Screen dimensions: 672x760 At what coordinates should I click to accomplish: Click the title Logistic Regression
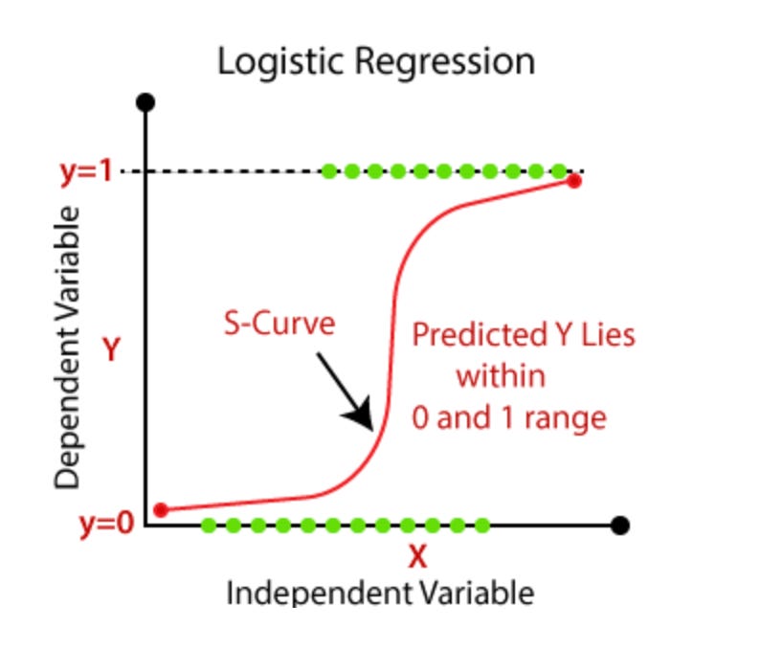coord(375,62)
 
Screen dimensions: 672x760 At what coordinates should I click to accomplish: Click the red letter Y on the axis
coord(111,350)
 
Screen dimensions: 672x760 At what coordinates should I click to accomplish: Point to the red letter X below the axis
coord(416,556)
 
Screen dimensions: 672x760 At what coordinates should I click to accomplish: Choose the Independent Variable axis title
coord(380,593)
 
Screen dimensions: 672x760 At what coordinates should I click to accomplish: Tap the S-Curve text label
coord(279,324)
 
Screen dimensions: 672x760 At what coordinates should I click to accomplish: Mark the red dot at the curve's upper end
coord(573,181)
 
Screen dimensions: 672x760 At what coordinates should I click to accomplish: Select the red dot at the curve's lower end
coord(161,509)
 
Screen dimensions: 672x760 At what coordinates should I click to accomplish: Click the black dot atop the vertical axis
coord(145,102)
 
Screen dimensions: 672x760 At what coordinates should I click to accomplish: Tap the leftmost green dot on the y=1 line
coord(328,172)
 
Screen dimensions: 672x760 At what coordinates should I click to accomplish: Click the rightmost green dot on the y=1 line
coord(560,172)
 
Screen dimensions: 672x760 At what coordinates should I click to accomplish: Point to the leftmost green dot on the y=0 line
coord(209,525)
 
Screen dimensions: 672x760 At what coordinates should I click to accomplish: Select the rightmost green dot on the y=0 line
coord(481,525)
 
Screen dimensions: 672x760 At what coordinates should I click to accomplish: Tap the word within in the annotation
coord(501,375)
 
